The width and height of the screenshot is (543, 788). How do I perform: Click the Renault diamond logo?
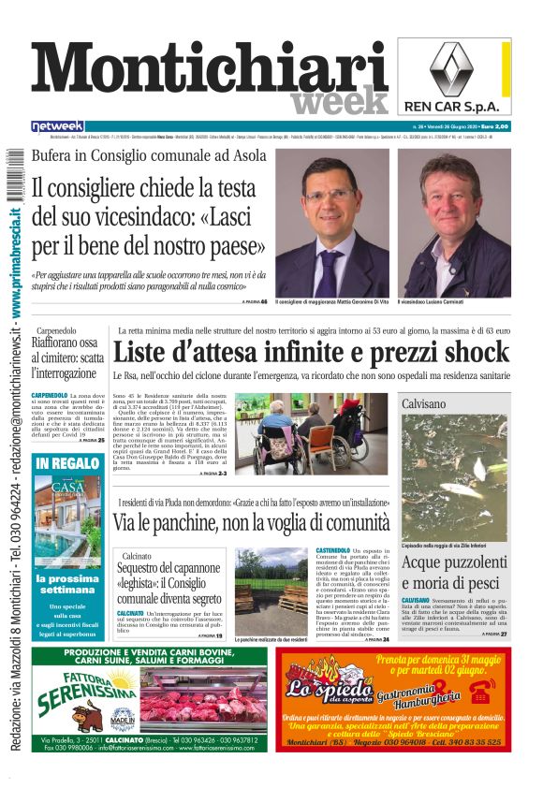point(454,67)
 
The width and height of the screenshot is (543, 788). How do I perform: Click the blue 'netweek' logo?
point(57,126)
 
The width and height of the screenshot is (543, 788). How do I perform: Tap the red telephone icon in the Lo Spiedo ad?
point(483,691)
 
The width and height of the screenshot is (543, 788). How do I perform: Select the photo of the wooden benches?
point(271,591)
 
